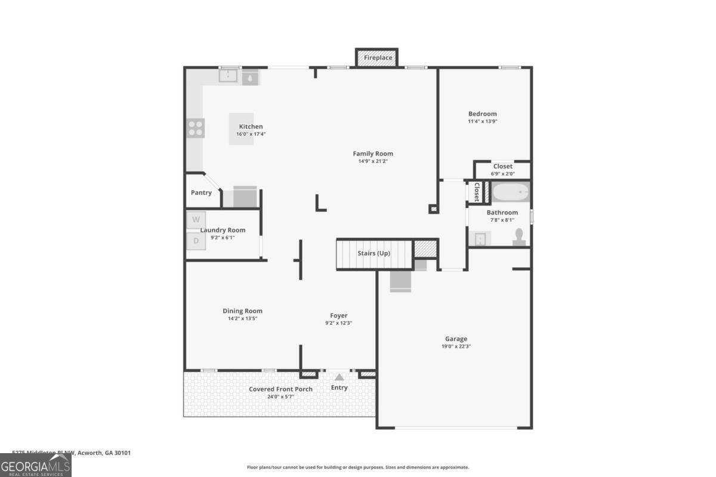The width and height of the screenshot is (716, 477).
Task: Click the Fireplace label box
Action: click(x=378, y=58)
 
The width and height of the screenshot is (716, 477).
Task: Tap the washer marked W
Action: click(x=196, y=219)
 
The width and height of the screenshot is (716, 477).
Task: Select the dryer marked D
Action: click(x=196, y=241)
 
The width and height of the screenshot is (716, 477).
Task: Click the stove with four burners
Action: click(x=196, y=128)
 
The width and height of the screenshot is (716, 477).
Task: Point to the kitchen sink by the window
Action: click(x=228, y=76)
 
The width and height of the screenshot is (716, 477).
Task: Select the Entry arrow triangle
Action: click(x=339, y=377)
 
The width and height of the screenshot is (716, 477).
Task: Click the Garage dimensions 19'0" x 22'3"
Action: click(x=456, y=346)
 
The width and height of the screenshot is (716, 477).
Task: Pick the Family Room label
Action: click(x=372, y=154)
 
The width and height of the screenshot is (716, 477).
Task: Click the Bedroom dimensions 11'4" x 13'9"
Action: click(x=482, y=121)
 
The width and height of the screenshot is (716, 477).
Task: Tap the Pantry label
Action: click(x=201, y=193)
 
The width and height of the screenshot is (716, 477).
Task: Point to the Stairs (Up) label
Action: click(x=374, y=253)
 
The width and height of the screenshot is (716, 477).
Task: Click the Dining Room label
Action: click(x=242, y=311)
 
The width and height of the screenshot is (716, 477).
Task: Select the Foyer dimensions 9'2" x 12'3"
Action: click(x=338, y=323)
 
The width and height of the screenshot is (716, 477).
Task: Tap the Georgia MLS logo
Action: click(x=35, y=465)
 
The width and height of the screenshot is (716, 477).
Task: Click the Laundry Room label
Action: click(x=223, y=230)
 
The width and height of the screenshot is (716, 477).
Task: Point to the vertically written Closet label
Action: click(x=477, y=192)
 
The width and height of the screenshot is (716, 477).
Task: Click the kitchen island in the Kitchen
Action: click(x=242, y=128)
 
